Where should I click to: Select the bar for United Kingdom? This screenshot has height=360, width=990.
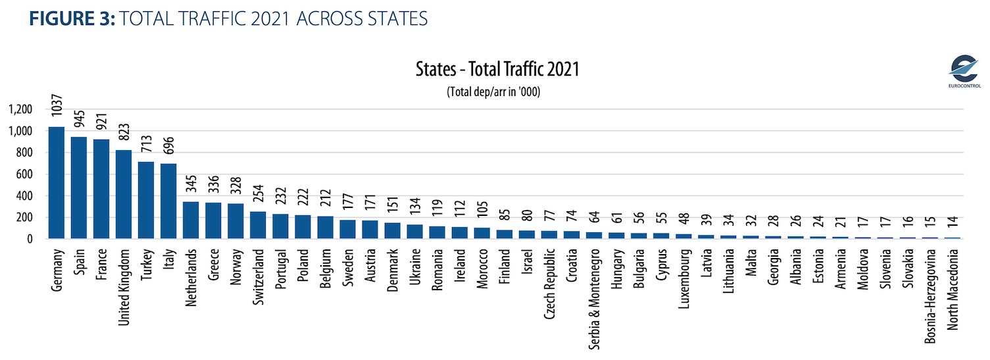(124, 195)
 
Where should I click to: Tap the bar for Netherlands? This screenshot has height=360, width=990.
(191, 220)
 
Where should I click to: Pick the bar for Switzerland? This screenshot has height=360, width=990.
(258, 225)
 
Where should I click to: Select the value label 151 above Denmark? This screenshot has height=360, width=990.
(392, 206)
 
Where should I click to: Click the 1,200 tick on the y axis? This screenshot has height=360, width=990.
(20, 109)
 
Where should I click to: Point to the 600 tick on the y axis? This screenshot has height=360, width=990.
(24, 174)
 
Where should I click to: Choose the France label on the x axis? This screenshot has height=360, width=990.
(101, 263)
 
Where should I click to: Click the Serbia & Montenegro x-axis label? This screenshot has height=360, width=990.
(593, 296)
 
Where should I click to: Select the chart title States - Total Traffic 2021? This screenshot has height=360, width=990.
(497, 69)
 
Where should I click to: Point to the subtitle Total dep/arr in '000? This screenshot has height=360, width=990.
(497, 91)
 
